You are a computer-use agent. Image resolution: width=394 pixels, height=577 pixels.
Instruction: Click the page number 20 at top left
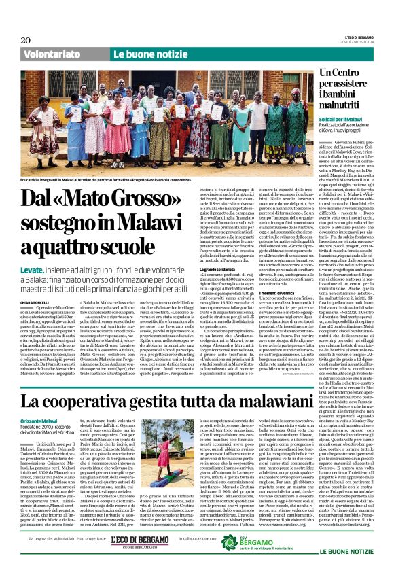click(x=26, y=41)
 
